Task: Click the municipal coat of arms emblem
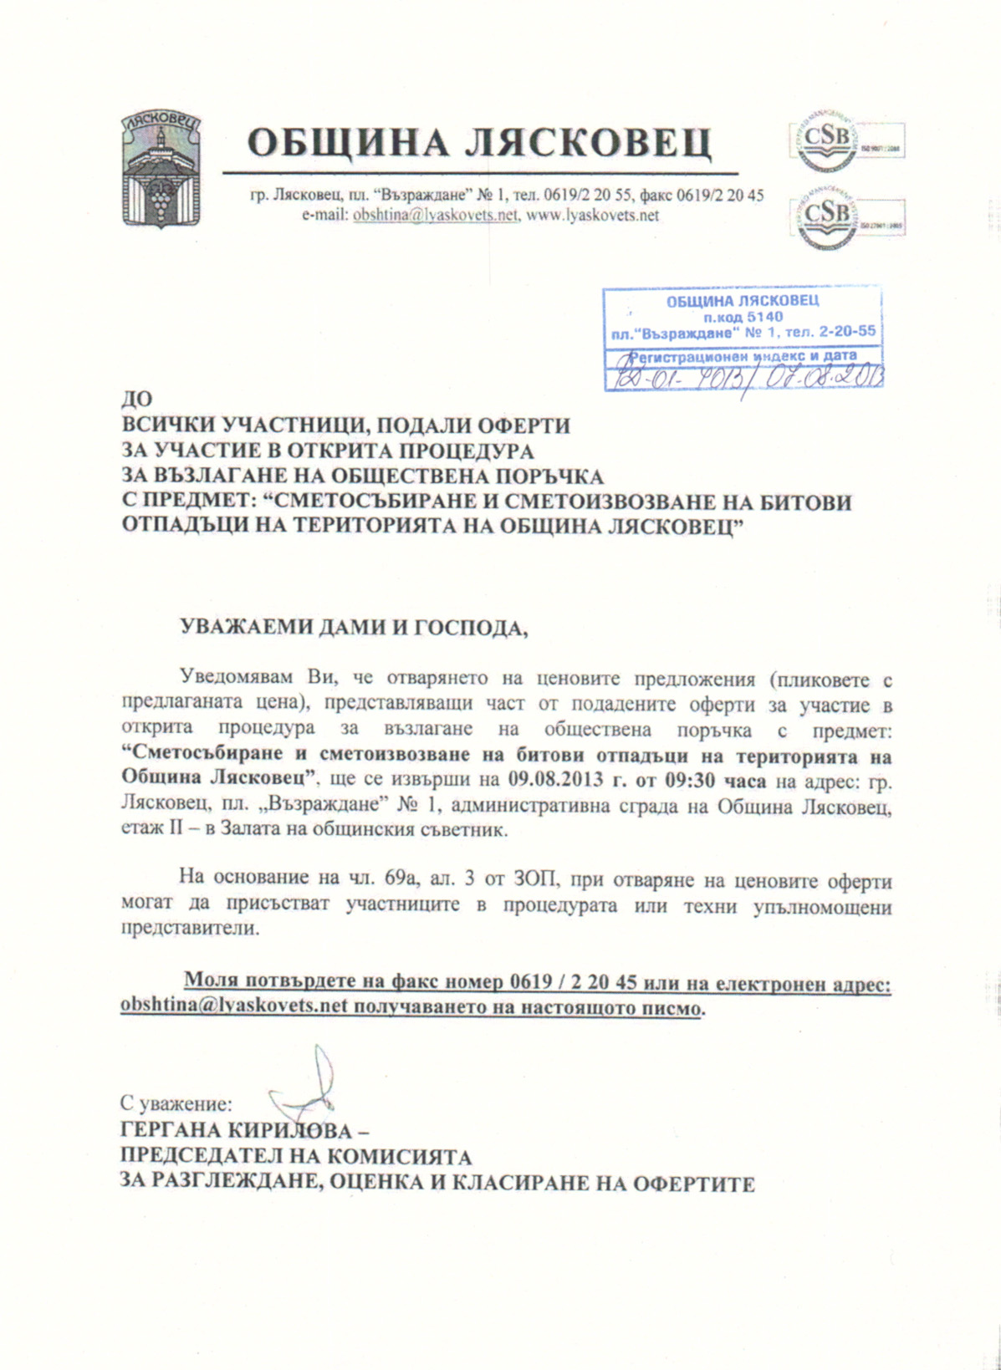pos(161,169)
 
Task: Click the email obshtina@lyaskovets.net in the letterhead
pos(435,216)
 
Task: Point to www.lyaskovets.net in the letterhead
pos(592,216)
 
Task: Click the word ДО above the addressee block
pos(136,400)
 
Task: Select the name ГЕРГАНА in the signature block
pos(169,1131)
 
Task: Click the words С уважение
pos(176,1104)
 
